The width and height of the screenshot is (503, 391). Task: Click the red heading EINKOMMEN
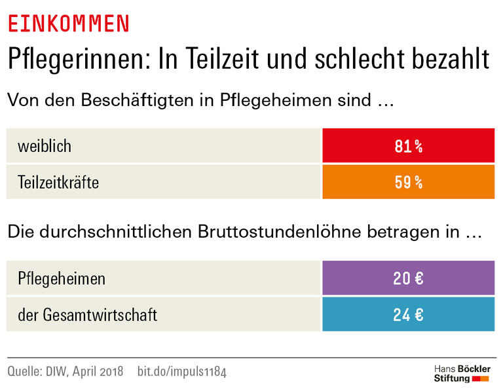pyautogui.click(x=68, y=24)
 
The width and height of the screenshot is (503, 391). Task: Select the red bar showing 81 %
pyautogui.click(x=408, y=146)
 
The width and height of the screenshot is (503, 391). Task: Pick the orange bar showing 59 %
pyautogui.click(x=408, y=182)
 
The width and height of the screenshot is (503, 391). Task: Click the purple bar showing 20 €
pyautogui.click(x=408, y=278)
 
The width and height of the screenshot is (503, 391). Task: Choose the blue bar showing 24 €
pyautogui.click(x=408, y=314)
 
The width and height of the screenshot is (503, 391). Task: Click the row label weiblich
pyautogui.click(x=45, y=146)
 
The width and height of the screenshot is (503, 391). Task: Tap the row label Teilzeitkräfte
pyautogui.click(x=58, y=182)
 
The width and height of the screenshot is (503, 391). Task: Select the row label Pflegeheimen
pyautogui.click(x=61, y=278)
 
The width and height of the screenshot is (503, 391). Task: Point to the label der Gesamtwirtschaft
pyautogui.click(x=87, y=314)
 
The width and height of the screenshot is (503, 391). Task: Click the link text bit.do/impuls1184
pyautogui.click(x=181, y=372)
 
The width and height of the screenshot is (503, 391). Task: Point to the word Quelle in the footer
pyautogui.click(x=24, y=372)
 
